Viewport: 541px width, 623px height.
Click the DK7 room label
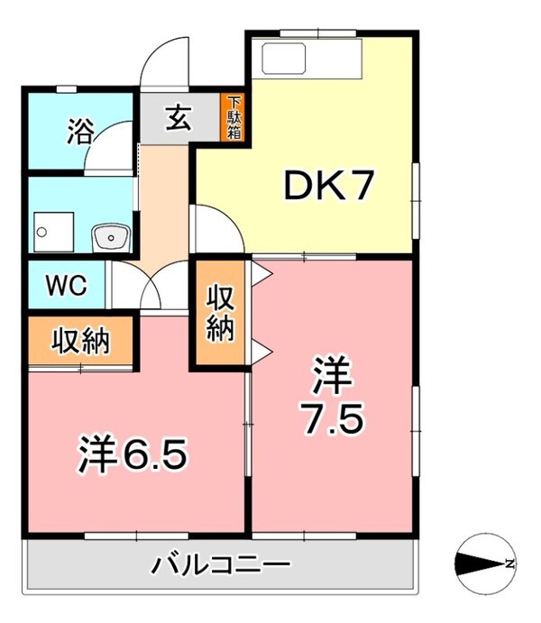[x=326, y=187]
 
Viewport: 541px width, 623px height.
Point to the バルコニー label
[x=220, y=567]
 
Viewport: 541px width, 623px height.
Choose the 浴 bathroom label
[x=78, y=133]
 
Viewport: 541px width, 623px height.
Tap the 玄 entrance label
[x=178, y=117]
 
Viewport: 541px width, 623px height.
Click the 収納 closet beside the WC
[x=79, y=341]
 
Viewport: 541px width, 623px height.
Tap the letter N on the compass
[x=509, y=565]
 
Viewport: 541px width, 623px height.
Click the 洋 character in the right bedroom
[x=330, y=378]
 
